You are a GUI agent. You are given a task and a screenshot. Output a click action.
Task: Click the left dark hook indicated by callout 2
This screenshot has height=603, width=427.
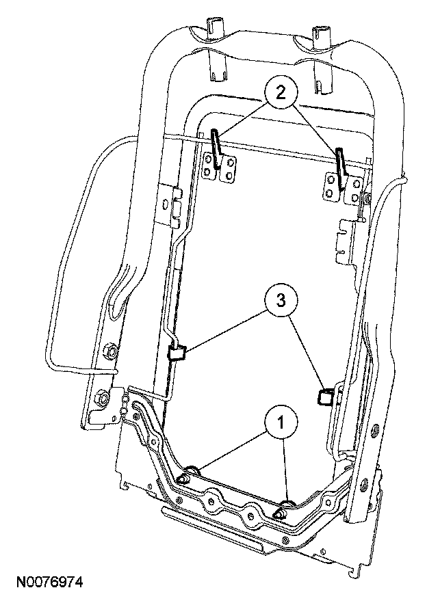coord(216,147)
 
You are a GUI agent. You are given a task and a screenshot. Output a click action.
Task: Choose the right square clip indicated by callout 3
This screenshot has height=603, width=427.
coord(326,397)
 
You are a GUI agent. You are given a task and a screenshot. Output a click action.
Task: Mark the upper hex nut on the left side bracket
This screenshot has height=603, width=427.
coord(108,352)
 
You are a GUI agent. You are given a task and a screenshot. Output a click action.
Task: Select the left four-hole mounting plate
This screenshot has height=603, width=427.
coord(220,167)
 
